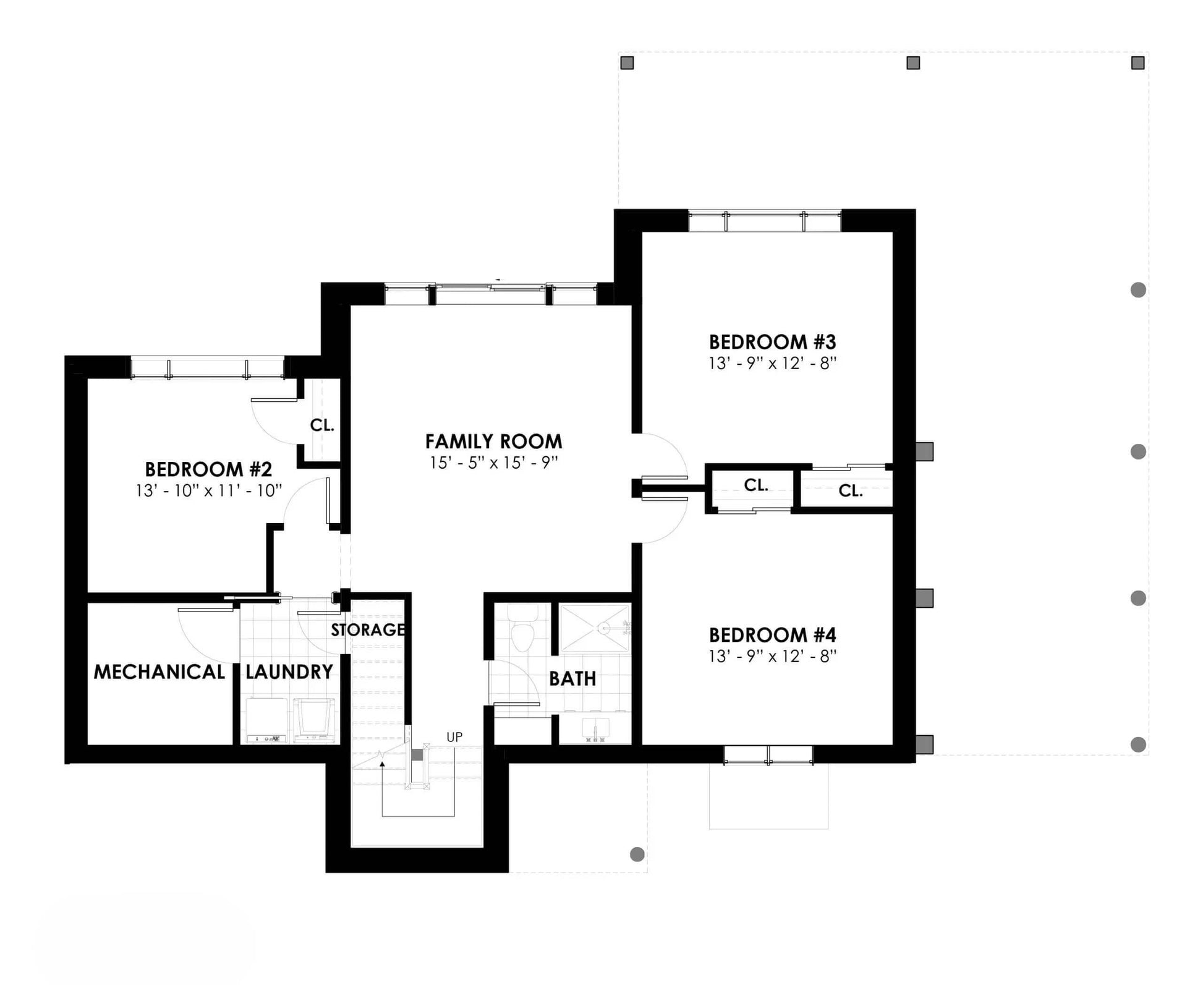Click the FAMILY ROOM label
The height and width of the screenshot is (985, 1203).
pos(493,441)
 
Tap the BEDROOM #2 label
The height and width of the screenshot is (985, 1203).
pos(208,469)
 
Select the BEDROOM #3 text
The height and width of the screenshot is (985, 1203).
pos(772,342)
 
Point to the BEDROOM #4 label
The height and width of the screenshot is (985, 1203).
pos(772,635)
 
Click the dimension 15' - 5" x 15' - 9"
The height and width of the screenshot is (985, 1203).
pos(494,463)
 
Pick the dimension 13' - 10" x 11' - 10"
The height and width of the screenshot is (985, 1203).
pos(209,490)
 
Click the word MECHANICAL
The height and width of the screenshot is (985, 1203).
pos(159,672)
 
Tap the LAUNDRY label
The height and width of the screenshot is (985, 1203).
pos(289,672)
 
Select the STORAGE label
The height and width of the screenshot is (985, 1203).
pos(368,630)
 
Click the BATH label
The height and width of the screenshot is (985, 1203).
pos(572,679)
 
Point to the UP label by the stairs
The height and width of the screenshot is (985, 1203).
pos(454,737)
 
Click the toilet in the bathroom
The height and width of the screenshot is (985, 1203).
pos(523,629)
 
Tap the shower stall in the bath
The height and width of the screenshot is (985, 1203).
pos(595,628)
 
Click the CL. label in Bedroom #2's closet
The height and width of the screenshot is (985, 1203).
pos(322,425)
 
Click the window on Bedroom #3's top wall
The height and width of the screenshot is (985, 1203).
pos(765,221)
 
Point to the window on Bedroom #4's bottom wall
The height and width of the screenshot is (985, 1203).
pos(768,755)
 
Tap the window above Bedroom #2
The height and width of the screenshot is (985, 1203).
pos(207,367)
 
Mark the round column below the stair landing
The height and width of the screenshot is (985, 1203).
pos(637,855)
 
